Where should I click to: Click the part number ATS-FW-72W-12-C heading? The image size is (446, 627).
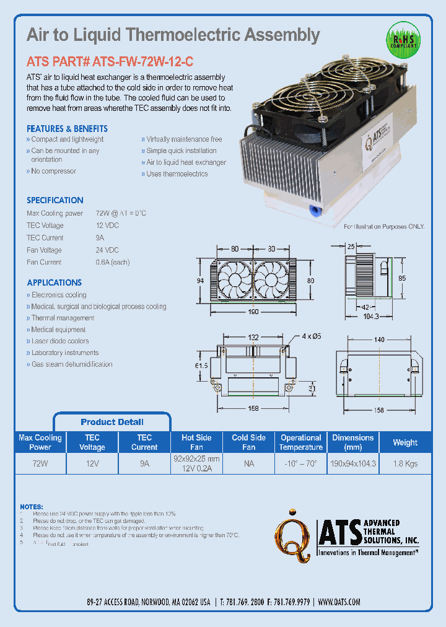[110, 62]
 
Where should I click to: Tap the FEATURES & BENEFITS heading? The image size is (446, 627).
[67, 129]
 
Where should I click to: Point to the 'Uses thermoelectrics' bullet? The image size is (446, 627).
[177, 174]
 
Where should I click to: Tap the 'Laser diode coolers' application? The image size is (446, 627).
[60, 341]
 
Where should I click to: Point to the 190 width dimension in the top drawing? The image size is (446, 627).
[253, 312]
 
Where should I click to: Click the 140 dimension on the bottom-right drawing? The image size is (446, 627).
[379, 340]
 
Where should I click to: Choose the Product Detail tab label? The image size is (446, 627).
[112, 422]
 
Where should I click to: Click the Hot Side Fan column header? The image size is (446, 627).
[196, 442]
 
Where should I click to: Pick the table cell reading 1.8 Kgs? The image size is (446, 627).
[405, 463]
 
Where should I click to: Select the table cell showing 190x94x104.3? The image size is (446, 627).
[353, 463]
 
